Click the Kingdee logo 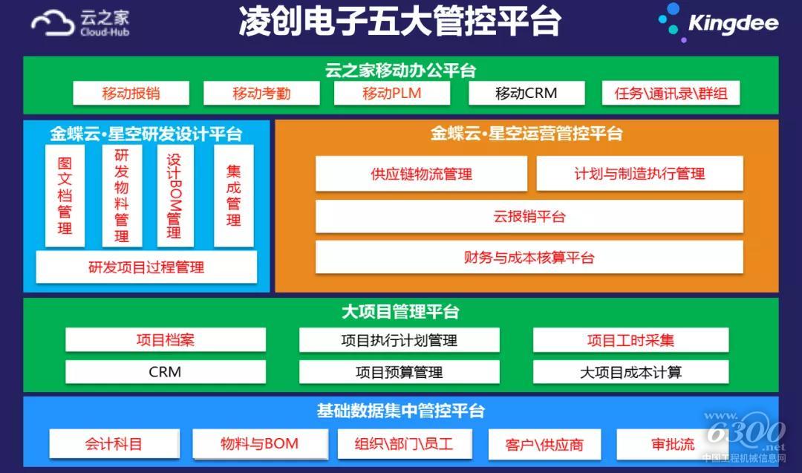718,22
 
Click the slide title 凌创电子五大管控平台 400,22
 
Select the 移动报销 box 131,93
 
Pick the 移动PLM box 392,93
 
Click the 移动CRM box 526,93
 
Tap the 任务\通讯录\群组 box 671,93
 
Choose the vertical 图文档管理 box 65,196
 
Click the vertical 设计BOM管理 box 175,196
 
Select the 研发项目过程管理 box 146,267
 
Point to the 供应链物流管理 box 422,174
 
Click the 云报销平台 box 529,216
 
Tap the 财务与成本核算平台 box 529,257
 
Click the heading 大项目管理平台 400,311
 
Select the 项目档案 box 166,340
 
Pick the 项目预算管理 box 399,372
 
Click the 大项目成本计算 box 630,372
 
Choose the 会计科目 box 114,444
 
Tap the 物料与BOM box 260,444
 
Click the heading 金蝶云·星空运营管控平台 526,134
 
